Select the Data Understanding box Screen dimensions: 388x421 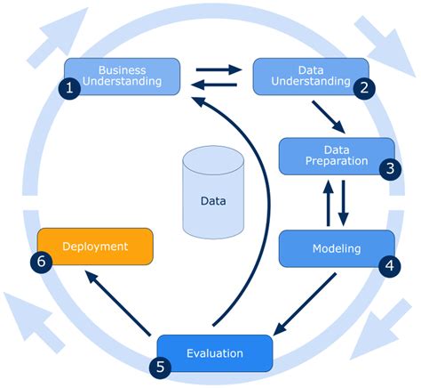[x=311, y=76]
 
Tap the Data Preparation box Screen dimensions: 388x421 [x=337, y=155]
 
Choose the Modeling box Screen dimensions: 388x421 [x=337, y=247]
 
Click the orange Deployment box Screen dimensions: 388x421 [x=95, y=246]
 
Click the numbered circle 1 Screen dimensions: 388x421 [x=67, y=88]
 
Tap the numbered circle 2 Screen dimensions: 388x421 [x=365, y=88]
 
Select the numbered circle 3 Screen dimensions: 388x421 [x=389, y=169]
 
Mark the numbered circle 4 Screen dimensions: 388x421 [x=389, y=264]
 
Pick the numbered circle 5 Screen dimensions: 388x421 [x=159, y=365]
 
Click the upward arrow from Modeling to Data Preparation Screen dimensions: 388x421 [x=328, y=202]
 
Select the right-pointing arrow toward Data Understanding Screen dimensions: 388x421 [x=218, y=68]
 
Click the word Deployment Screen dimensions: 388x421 [x=95, y=246]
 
